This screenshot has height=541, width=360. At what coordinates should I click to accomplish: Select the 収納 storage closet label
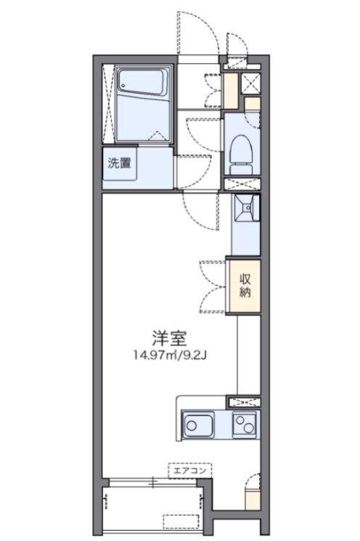(246, 285)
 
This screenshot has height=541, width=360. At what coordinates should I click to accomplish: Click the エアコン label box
(190, 470)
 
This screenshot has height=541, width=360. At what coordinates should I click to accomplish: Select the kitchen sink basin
(197, 424)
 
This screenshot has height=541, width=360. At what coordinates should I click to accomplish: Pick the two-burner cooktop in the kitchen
(245, 424)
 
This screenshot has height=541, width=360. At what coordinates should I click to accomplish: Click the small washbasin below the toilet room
(246, 209)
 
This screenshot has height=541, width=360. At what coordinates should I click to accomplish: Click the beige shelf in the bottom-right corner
(251, 500)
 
